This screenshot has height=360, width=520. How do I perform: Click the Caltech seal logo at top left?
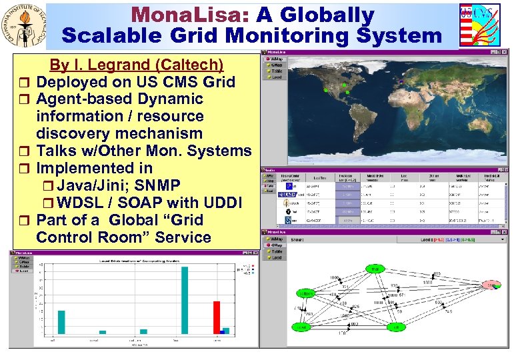click(25, 27)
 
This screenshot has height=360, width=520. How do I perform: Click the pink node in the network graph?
click(493, 285)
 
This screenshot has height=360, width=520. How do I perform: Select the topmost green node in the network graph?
click(375, 269)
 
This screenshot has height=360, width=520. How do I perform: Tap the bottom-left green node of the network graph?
click(303, 327)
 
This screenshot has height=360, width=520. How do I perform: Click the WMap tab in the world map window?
click(275, 59)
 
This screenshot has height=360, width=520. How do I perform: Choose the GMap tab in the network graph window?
click(275, 244)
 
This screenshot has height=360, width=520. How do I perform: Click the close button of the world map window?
click(506, 51)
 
